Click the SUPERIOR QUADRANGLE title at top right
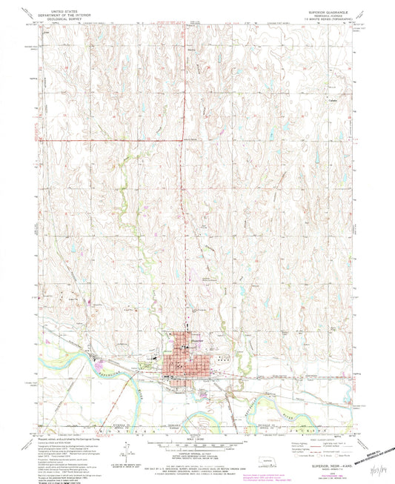(323, 13)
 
